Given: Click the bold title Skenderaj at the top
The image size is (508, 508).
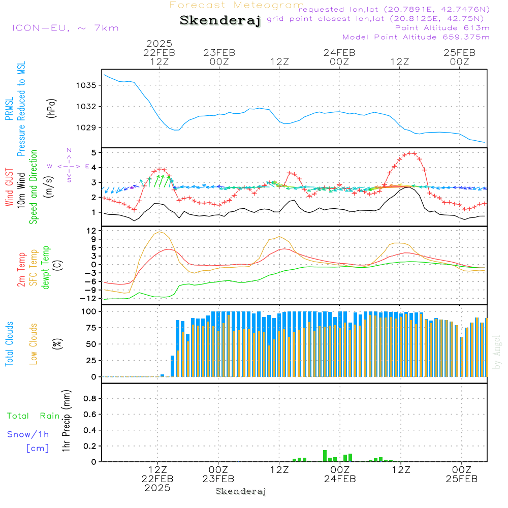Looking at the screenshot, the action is pos(220,20).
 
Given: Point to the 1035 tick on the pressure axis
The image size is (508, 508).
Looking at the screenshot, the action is pos(86,85).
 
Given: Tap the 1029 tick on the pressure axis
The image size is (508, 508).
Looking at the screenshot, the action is pos(86,128).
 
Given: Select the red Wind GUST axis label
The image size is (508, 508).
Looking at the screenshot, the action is pos(9,187).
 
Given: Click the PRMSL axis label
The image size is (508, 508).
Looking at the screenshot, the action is pos(9,109).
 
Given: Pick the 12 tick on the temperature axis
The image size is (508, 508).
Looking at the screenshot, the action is pos(91,231).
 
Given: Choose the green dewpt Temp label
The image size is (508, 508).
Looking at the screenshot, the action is pos(45,267).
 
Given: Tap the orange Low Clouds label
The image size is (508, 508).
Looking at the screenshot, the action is pos(33,344).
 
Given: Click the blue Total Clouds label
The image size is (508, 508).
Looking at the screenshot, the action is pos(9,344).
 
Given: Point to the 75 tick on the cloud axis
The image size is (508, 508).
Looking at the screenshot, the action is pos(91,328).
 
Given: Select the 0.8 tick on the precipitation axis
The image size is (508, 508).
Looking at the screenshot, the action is pos(90,398).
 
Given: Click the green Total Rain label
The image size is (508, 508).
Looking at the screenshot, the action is pos(34,416).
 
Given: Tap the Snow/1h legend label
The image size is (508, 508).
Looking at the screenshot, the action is pos(28,434).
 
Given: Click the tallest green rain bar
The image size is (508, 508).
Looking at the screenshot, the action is pos(325,456).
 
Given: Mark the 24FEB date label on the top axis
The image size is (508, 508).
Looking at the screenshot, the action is pos(339,53).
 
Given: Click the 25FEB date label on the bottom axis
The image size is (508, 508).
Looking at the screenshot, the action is pos(461,479).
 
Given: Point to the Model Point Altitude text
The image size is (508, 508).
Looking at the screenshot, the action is pos(416,37).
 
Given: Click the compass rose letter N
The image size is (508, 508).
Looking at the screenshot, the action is pos(69,150).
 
